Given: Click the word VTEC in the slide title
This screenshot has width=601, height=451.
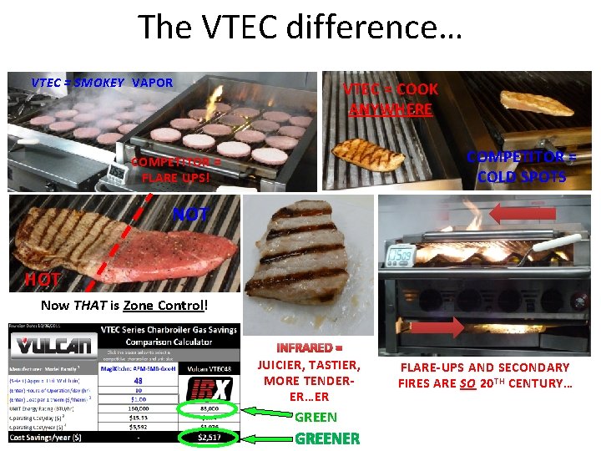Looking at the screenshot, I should click(x=230, y=27).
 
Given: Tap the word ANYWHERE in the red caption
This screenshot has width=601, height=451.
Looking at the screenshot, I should click(x=391, y=109).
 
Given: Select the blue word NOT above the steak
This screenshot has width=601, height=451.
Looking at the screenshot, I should click(x=190, y=215).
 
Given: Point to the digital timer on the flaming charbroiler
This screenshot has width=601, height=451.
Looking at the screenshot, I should click(x=401, y=252).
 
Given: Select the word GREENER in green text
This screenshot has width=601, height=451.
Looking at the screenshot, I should click(x=327, y=438).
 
